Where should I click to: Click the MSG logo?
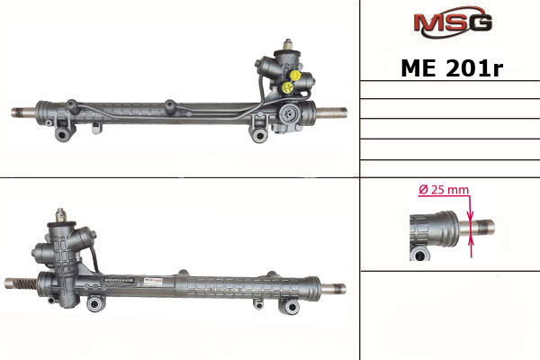(x=453, y=22)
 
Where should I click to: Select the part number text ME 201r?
(x=452, y=68)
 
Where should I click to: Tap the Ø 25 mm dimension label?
(x=444, y=190)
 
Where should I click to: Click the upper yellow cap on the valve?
(x=295, y=75)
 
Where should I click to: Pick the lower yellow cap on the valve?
(x=287, y=87)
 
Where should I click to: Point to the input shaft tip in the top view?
(x=288, y=44)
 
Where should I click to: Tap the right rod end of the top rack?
(x=331, y=112)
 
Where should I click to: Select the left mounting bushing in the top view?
(x=63, y=134)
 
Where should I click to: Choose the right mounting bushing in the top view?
(x=259, y=135)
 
